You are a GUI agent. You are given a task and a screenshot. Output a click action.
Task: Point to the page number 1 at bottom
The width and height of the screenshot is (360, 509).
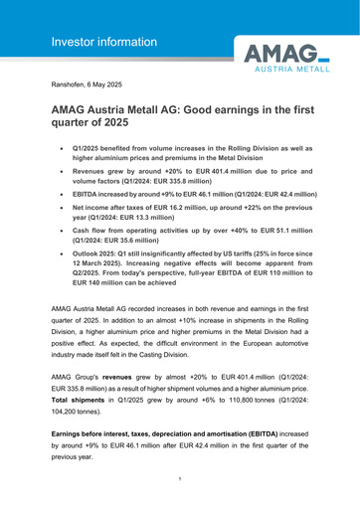point(179,478)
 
